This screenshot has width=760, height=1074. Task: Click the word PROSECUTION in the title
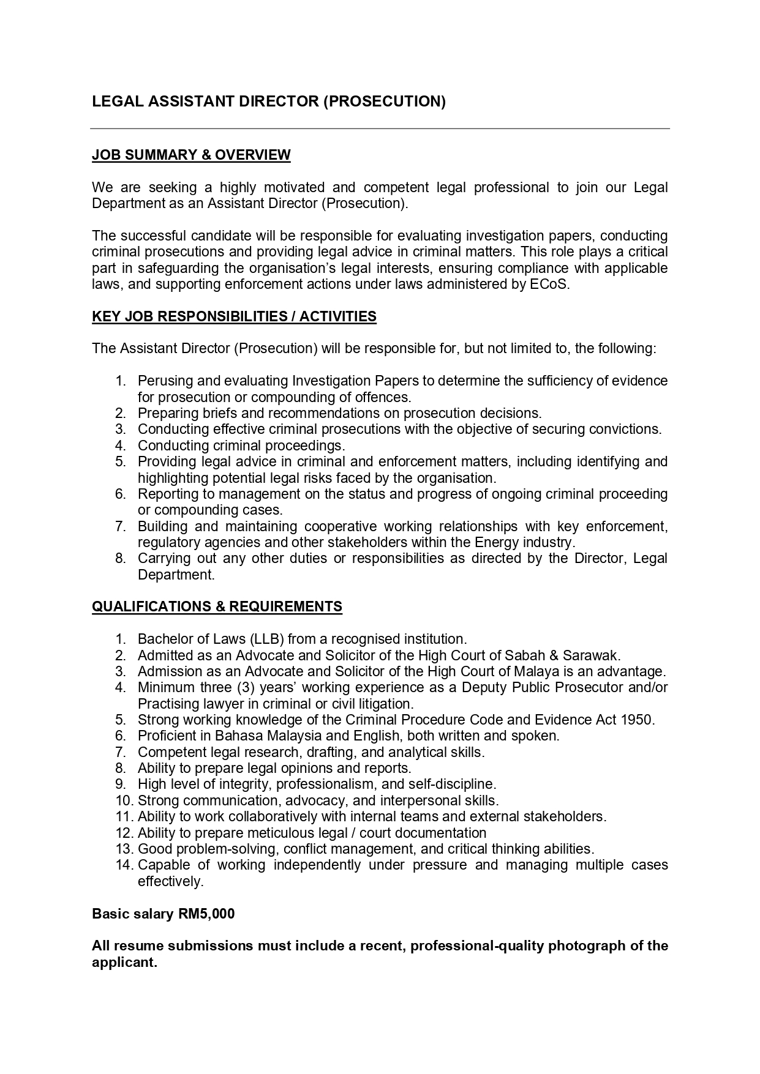(x=384, y=102)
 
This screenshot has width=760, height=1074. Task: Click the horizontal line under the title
(x=380, y=129)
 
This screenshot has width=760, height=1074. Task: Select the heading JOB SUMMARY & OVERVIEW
(x=191, y=155)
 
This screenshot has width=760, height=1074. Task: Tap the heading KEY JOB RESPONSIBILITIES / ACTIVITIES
(x=234, y=316)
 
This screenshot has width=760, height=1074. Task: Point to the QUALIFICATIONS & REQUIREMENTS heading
(x=217, y=606)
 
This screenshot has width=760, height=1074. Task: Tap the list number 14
(x=124, y=865)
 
